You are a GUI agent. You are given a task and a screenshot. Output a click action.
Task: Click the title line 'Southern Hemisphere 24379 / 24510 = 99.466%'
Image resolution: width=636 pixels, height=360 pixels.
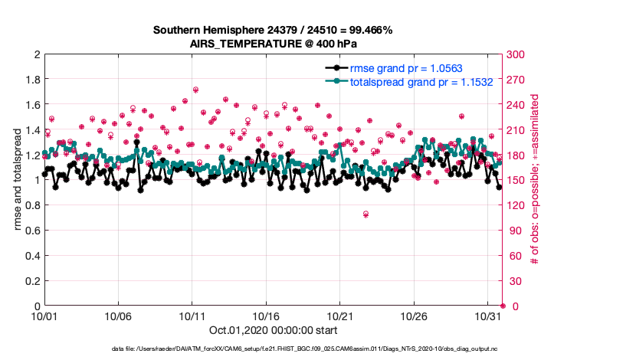point(273,31)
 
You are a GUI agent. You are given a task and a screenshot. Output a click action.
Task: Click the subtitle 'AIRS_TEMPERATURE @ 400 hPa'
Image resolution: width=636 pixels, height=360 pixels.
point(273,44)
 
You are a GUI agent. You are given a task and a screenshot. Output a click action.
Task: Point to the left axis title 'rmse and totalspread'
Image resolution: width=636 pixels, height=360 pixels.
point(18,180)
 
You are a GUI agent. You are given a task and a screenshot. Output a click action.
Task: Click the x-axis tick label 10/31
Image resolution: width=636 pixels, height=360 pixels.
point(488,316)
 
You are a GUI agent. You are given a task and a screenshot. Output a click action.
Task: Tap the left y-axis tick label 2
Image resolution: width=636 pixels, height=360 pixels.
point(36,54)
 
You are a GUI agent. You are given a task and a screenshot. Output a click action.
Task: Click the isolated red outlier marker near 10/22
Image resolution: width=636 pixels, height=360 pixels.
point(366,214)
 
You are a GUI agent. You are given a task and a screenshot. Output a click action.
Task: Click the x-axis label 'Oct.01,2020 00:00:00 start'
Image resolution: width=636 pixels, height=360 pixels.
point(273,331)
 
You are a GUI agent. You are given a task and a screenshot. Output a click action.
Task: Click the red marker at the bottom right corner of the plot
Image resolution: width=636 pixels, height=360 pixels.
point(502,306)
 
